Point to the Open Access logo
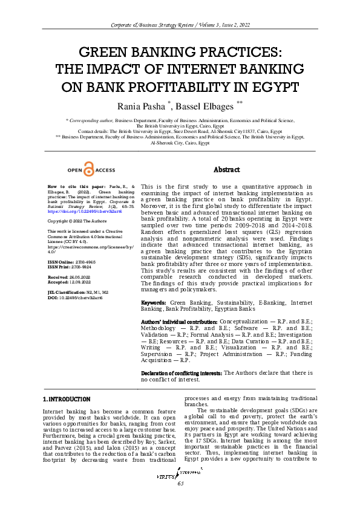90,170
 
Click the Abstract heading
227,170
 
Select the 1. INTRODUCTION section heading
67,399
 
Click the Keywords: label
154,302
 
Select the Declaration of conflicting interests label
181,373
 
